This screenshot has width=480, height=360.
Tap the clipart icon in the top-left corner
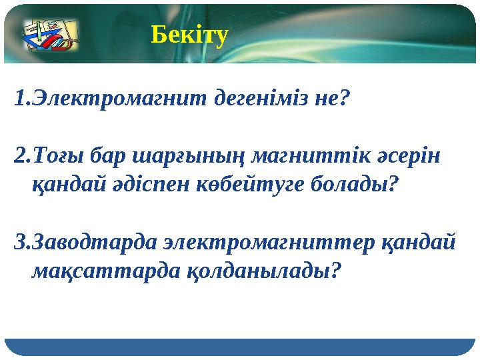point(51,35)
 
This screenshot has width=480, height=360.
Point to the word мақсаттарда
point(101,269)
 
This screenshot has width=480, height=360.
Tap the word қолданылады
point(257,269)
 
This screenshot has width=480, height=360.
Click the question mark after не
point(343,99)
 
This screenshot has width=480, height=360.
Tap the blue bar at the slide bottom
point(240,347)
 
